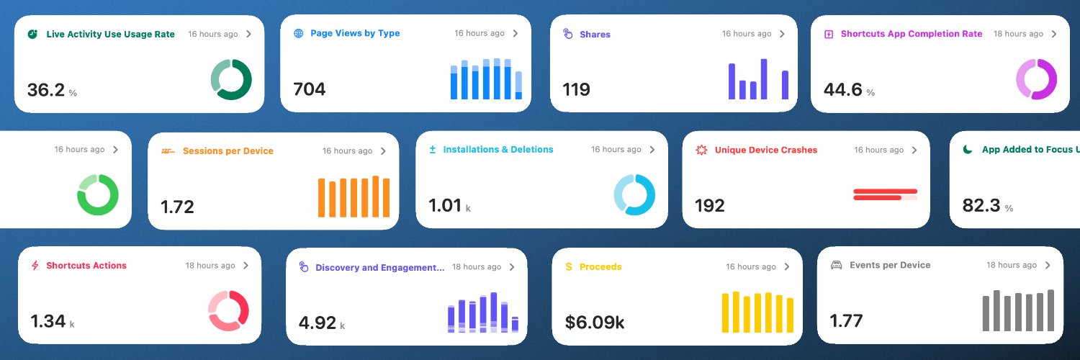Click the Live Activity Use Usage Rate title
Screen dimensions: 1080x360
(x=110, y=35)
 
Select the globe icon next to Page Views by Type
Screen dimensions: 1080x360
(x=299, y=33)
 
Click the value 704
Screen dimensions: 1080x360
(x=309, y=89)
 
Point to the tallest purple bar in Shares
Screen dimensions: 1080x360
(x=764, y=79)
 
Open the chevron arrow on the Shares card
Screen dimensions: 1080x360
(x=782, y=34)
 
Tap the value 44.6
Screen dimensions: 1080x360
(x=842, y=89)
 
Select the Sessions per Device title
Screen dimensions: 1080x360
(x=228, y=151)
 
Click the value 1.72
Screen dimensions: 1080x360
(x=177, y=207)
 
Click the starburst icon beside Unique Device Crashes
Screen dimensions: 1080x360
(x=701, y=150)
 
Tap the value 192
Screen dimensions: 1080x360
(x=709, y=206)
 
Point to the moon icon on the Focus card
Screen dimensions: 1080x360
(x=967, y=149)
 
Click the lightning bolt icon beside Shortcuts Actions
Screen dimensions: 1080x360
(x=35, y=266)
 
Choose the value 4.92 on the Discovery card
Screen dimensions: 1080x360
(x=317, y=323)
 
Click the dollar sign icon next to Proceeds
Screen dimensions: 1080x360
(x=569, y=266)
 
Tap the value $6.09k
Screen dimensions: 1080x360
(x=595, y=323)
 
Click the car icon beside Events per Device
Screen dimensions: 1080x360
(x=836, y=265)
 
